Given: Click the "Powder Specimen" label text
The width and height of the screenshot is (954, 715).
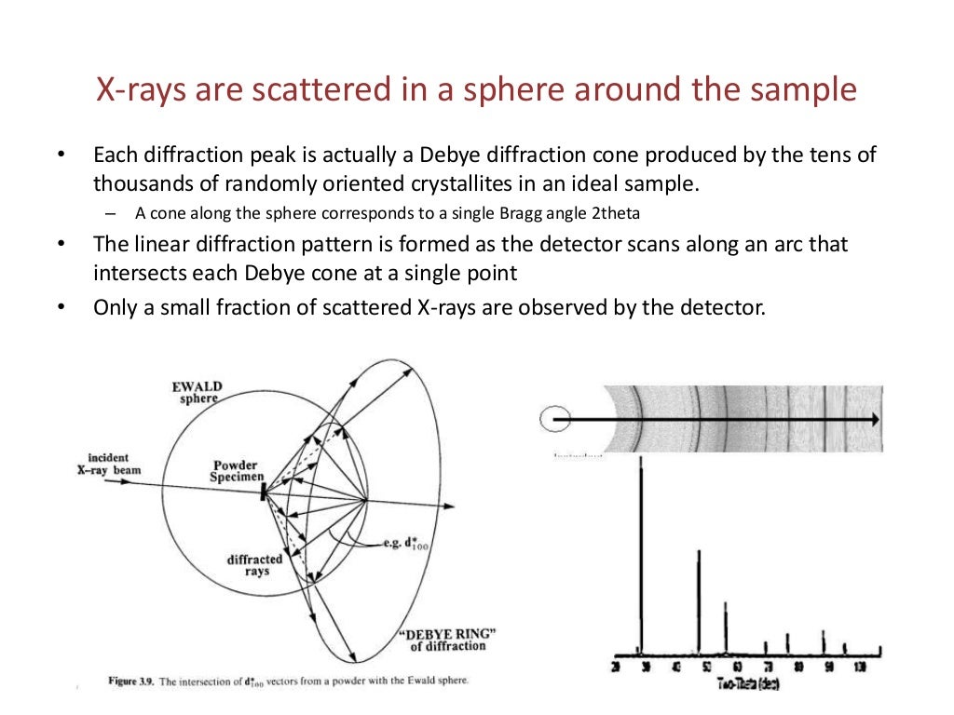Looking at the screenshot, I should (x=234, y=471).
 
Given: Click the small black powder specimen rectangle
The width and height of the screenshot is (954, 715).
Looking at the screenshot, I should (x=264, y=490).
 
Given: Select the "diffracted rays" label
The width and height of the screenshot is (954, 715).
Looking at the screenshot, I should (x=254, y=565).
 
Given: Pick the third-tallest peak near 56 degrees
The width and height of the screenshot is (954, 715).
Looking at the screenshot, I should (x=726, y=624).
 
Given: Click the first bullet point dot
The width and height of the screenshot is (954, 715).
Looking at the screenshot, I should (x=62, y=155).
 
